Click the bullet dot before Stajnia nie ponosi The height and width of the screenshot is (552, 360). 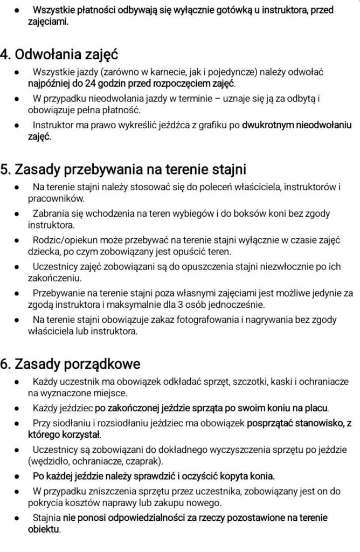[x=18, y=519]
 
